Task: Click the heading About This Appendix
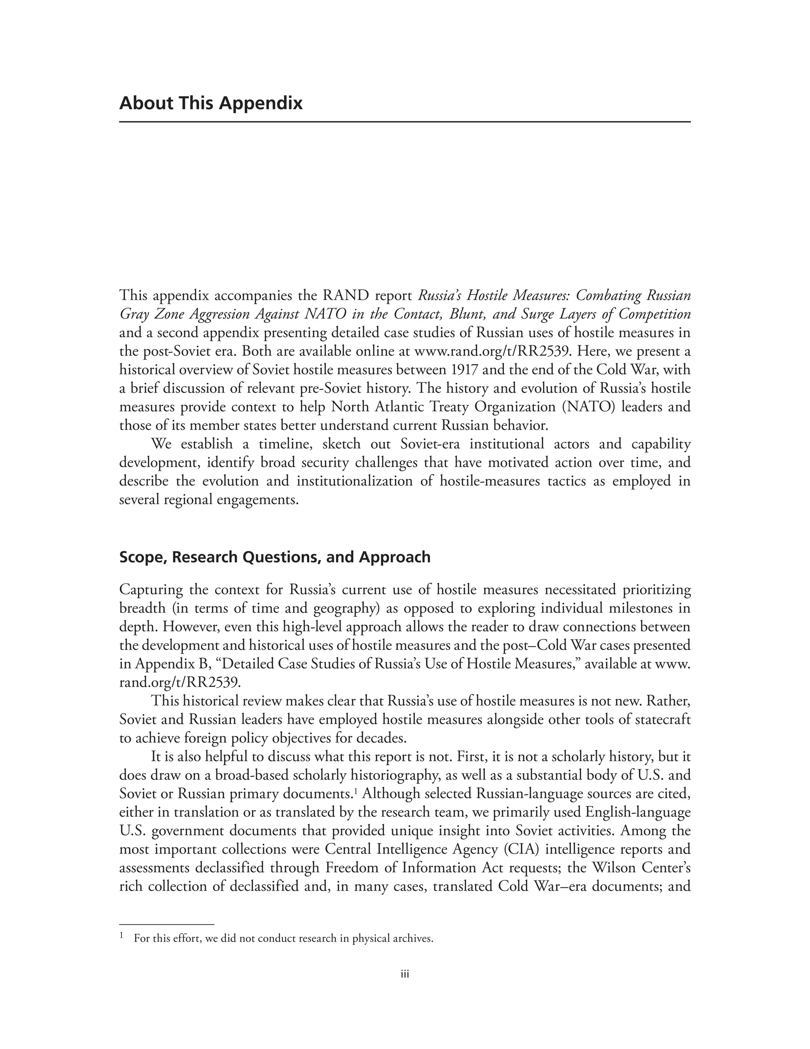coord(211,103)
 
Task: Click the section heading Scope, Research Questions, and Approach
coord(274,557)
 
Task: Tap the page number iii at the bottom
coord(405,975)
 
